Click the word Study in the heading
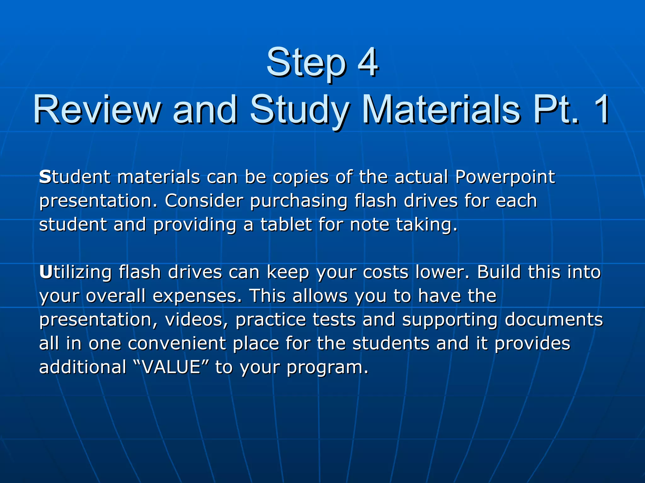click(x=299, y=110)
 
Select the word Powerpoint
click(x=505, y=177)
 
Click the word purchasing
click(x=299, y=201)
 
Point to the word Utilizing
click(x=75, y=272)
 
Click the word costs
click(x=386, y=272)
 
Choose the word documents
click(x=554, y=319)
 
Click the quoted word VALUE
click(x=172, y=367)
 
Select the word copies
click(x=300, y=177)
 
